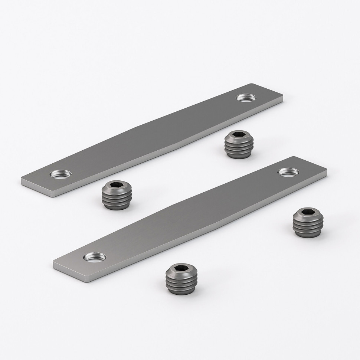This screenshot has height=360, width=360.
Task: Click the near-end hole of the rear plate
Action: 62,173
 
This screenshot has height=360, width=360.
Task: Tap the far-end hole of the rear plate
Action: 245,98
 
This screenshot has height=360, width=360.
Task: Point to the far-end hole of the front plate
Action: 288,171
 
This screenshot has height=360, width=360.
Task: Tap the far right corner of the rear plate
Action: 282,98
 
